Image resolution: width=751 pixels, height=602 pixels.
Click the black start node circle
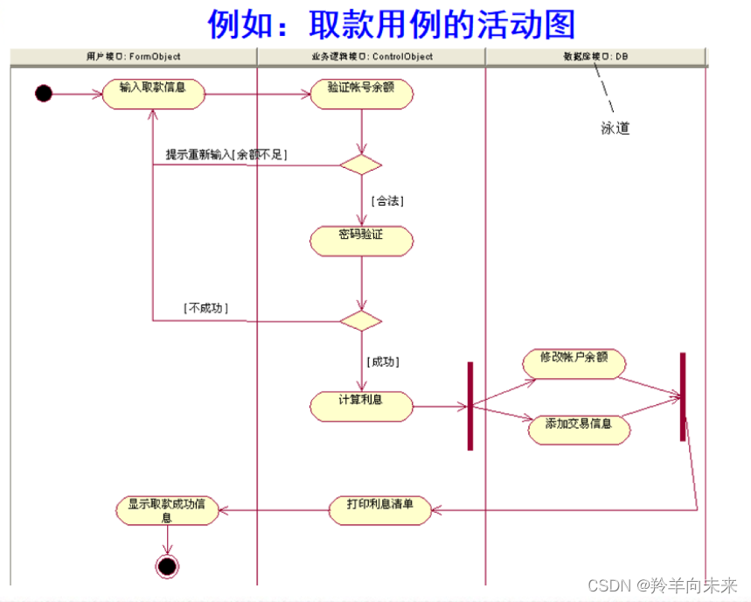(44, 93)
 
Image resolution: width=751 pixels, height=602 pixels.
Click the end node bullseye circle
(166, 566)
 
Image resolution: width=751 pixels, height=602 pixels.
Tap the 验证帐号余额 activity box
(361, 94)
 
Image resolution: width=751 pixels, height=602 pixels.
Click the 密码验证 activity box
(361, 241)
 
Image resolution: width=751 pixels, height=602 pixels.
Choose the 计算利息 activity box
(361, 406)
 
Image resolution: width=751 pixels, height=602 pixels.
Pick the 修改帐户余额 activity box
(574, 363)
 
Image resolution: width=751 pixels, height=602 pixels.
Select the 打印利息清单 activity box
(380, 509)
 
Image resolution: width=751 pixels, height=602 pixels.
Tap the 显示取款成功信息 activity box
(167, 509)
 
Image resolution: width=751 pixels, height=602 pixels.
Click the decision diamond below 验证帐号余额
(360, 164)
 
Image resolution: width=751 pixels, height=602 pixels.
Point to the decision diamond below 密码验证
(360, 320)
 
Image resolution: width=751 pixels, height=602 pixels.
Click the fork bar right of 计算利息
(469, 406)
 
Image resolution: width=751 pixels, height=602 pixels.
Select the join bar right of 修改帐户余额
(683, 396)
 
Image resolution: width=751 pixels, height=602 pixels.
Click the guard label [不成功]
(206, 308)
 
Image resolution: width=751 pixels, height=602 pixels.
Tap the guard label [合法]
(387, 200)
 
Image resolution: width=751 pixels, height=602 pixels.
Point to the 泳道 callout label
(615, 129)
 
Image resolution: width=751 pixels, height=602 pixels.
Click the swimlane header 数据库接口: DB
(595, 57)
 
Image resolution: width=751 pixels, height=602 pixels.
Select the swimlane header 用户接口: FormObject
(134, 57)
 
